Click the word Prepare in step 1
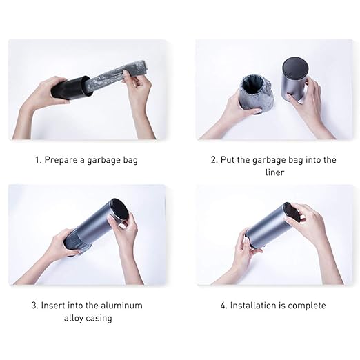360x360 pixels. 61,160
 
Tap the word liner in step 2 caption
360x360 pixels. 274,172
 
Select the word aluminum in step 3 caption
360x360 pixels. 121,306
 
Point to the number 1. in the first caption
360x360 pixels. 39,160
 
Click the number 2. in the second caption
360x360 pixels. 214,160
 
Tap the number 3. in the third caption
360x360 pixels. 35,306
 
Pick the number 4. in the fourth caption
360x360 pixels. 224,306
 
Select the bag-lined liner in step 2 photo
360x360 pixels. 257,94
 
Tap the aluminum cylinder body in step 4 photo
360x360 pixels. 270,226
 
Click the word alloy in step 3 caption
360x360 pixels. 73,319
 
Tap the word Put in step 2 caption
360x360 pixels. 228,160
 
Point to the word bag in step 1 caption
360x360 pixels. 130,160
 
